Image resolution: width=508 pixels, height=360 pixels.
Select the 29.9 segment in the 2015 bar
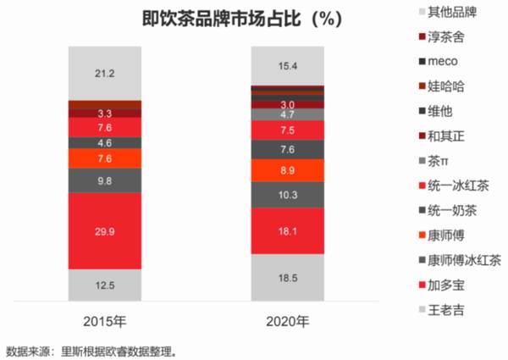click(x=105, y=230)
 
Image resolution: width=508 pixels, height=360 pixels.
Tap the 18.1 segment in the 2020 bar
click(x=288, y=230)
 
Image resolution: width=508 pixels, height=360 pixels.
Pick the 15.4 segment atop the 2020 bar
click(x=288, y=65)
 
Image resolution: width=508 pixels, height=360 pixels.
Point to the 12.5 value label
click(x=105, y=285)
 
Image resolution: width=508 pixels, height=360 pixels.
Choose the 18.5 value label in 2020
click(x=288, y=277)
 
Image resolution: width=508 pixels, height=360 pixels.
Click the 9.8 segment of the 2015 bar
click(x=105, y=180)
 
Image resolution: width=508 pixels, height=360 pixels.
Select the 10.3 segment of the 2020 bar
click(x=288, y=195)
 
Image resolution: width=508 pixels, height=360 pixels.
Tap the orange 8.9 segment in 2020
click(x=288, y=170)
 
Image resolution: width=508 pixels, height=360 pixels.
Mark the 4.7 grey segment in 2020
click(x=288, y=114)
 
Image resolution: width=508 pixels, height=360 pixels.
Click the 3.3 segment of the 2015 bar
click(x=105, y=113)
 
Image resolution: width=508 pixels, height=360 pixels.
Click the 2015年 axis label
click(x=105, y=322)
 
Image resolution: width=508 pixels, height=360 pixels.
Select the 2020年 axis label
click(x=288, y=322)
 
